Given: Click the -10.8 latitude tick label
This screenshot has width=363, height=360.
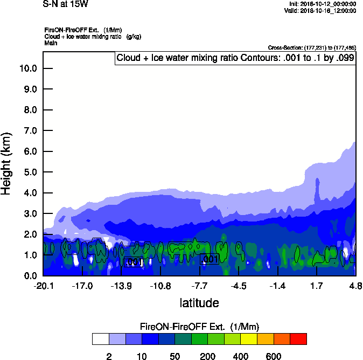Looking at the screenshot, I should coord(160,286).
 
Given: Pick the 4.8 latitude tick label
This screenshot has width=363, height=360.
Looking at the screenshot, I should coord(355,286).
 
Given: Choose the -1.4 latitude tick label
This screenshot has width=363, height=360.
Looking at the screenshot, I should coord(278,286).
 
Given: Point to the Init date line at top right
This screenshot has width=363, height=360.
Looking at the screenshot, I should coord(322,4).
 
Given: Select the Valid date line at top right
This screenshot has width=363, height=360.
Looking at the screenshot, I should coord(321,10).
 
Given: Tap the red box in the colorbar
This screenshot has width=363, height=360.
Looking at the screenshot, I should coord(298,339).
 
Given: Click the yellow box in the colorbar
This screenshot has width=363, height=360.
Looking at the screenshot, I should coord(249,339).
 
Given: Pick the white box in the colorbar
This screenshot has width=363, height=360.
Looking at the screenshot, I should coord(101,339).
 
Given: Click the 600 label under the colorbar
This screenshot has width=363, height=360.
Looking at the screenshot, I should coord(274,356).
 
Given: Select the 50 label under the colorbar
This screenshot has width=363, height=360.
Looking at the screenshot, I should coord(174,356).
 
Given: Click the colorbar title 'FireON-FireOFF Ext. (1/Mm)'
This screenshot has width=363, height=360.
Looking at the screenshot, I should coord(199,327).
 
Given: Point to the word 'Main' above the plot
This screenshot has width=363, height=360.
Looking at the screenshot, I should coord(51,43).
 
